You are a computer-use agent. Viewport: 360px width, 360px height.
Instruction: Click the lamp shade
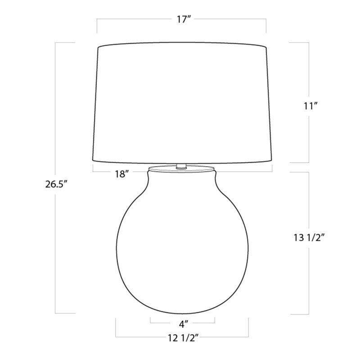coord(182,104)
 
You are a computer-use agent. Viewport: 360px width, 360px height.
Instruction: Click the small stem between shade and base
coord(182,166)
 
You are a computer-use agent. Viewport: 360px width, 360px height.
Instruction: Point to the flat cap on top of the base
coord(182,170)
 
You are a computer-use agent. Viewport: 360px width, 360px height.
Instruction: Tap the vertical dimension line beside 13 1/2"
coord(309,279)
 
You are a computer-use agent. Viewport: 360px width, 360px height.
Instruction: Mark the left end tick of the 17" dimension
coord(98,26)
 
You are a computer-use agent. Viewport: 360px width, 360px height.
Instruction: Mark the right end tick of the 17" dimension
coord(266,26)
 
